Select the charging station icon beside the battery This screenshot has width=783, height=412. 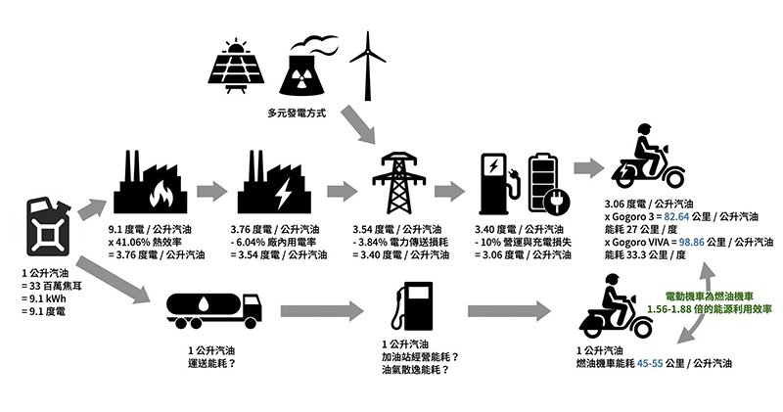click(498, 183)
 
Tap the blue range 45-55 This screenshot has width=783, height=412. click(651, 362)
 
